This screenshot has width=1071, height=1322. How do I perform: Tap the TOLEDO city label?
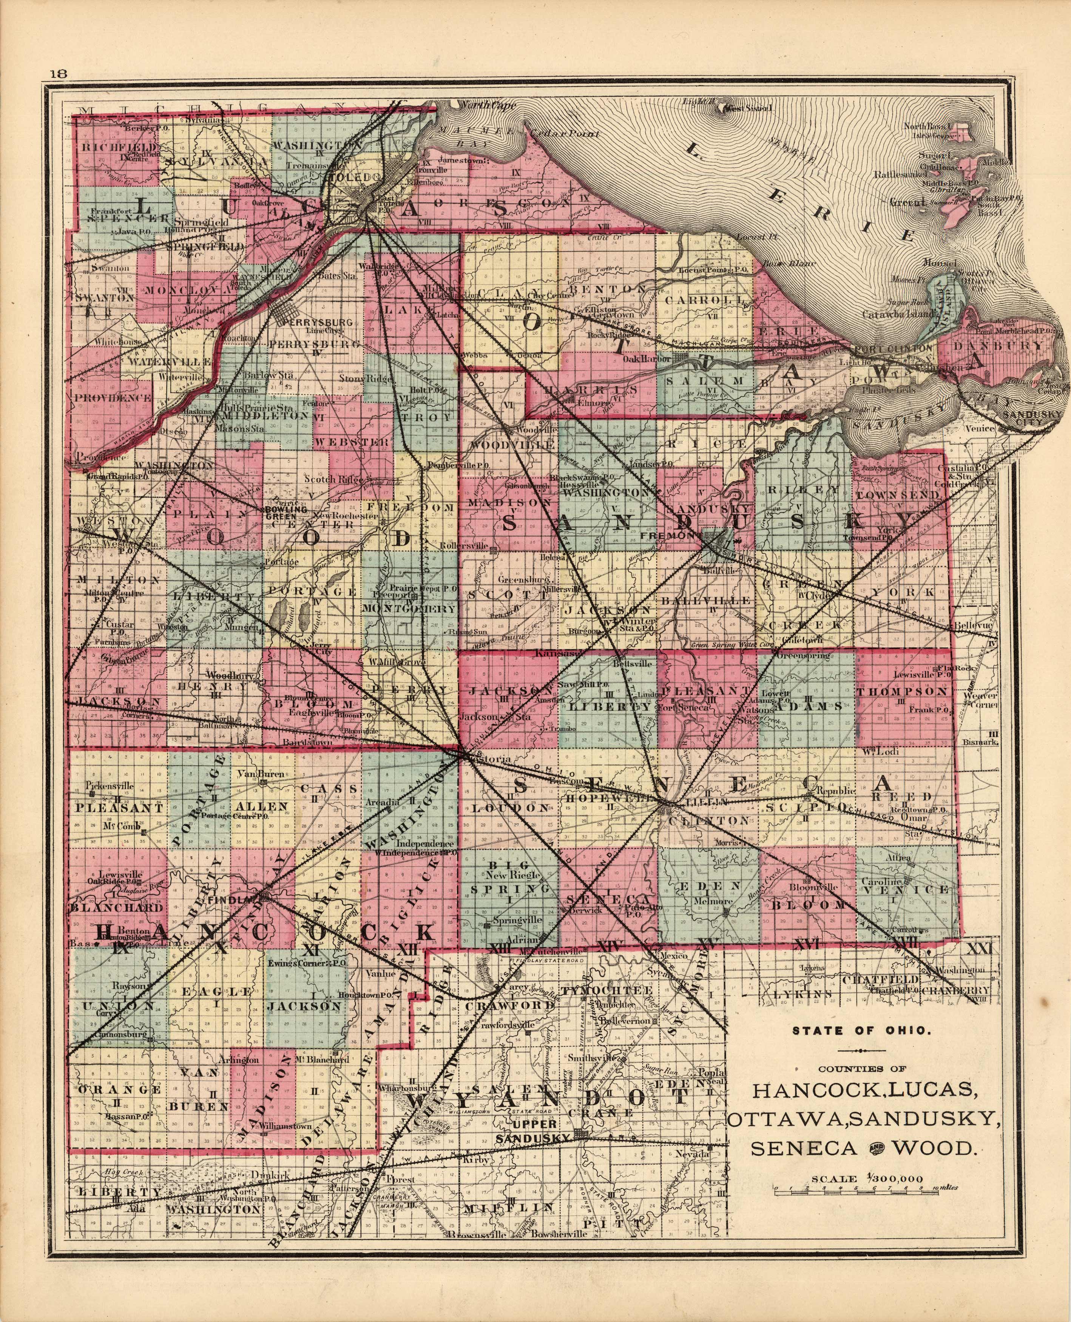[x=352, y=177]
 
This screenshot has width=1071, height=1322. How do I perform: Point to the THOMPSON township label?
[x=901, y=692]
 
